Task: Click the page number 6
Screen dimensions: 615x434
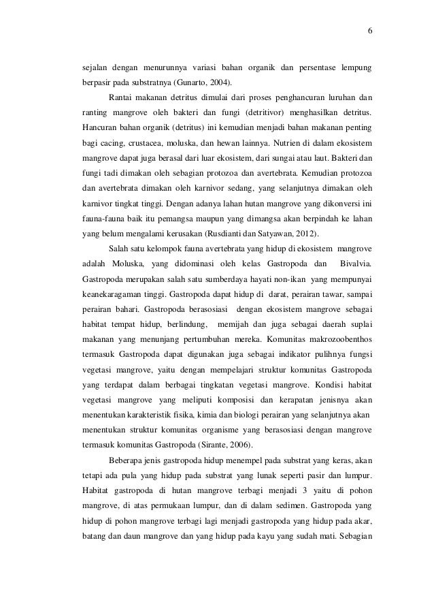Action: (369, 31)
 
